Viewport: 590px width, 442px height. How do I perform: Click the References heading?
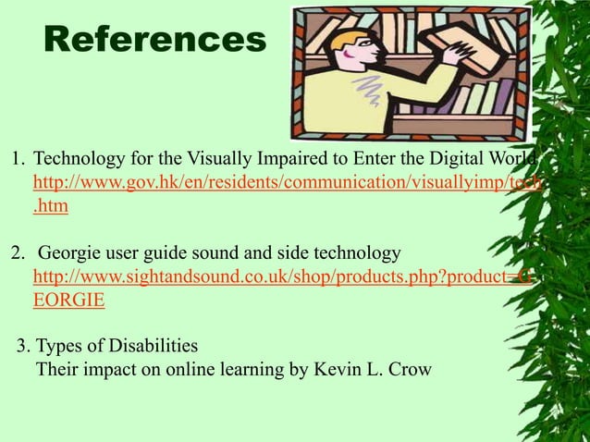[x=154, y=39]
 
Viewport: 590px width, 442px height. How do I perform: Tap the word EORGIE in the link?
[x=68, y=301]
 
